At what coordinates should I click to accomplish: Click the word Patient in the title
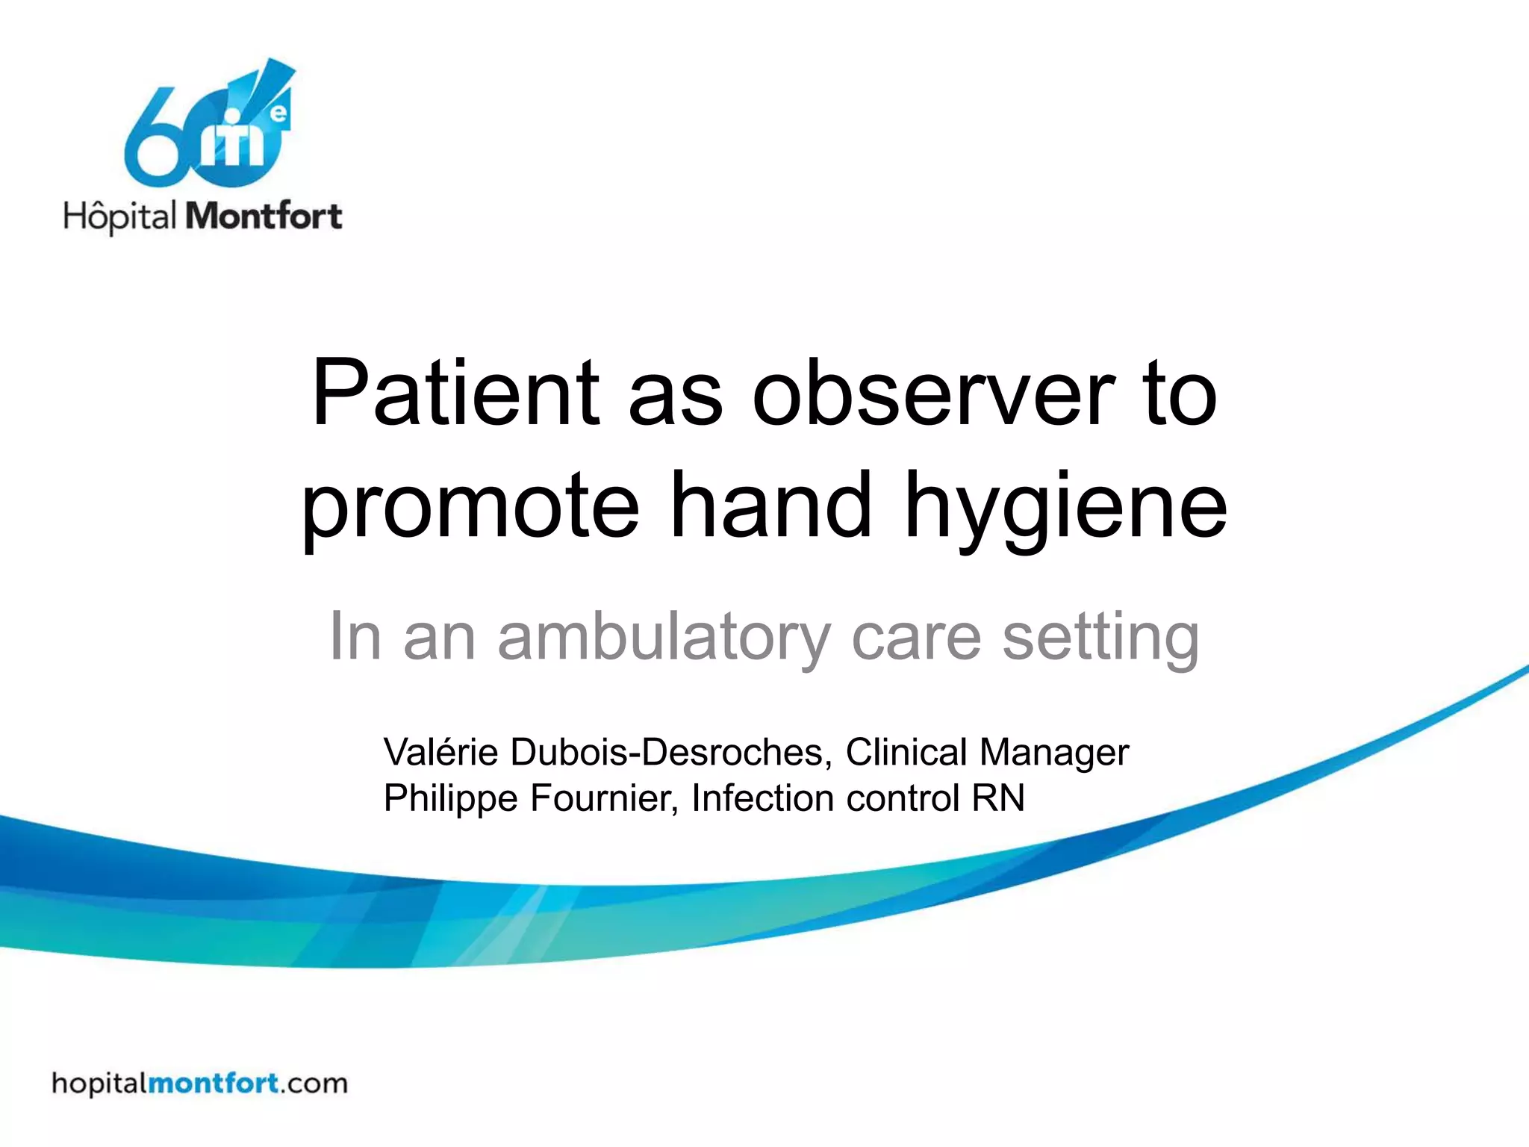pyautogui.click(x=455, y=394)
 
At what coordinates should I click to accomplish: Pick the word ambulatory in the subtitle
pyautogui.click(x=664, y=637)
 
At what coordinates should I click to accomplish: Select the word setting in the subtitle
pyautogui.click(x=1100, y=637)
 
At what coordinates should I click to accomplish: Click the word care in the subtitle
pyautogui.click(x=916, y=637)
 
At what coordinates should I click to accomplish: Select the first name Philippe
pyautogui.click(x=450, y=798)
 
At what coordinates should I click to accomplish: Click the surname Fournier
pyautogui.click(x=604, y=798)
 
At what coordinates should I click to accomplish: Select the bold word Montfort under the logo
pyautogui.click(x=263, y=217)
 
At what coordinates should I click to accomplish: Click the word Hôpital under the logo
pyautogui.click(x=119, y=217)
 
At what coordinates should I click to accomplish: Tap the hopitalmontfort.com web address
pyautogui.click(x=199, y=1083)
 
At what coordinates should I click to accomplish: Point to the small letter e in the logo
pyautogui.click(x=278, y=114)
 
